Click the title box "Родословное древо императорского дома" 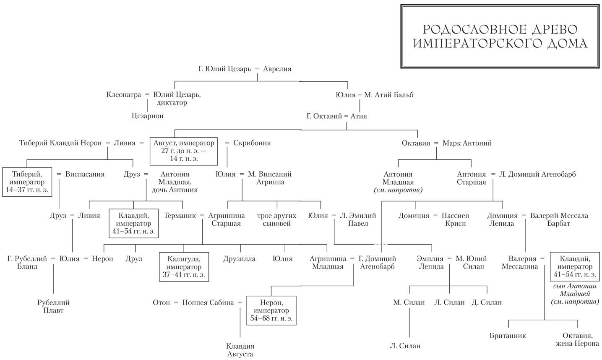point(499,37)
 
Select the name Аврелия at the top point(277,69)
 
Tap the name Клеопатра point(124,95)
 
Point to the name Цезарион point(147,116)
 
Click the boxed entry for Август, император point(184,151)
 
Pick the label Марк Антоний point(467,143)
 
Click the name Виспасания point(85,174)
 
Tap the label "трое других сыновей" point(276,219)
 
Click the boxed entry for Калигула point(184,266)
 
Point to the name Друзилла point(239,259)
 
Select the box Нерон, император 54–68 point(271,310)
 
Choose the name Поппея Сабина point(208,303)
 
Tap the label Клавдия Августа point(240,350)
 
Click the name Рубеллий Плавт point(53,306)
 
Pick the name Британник point(508,336)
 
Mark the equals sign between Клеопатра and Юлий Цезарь point(147,95)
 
